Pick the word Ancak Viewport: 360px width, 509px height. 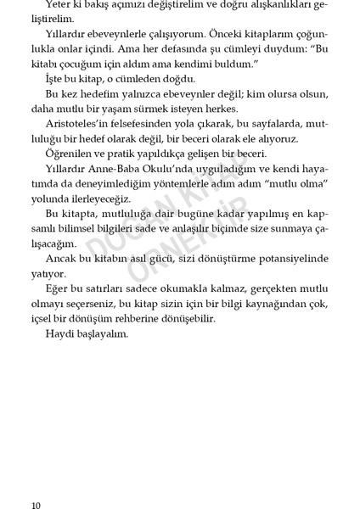[59, 256]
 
